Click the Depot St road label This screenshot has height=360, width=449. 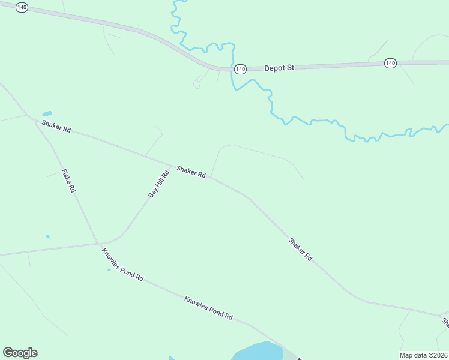click(279, 68)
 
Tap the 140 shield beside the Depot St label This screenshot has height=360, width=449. click(240, 69)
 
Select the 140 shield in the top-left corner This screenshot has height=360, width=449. click(22, 7)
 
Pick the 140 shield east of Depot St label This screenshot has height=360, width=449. click(391, 63)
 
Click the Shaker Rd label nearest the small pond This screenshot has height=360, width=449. click(56, 127)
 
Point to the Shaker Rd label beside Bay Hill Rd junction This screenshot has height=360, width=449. click(191, 172)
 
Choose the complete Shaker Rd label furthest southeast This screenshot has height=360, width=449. click(300, 249)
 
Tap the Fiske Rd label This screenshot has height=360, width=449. click(68, 181)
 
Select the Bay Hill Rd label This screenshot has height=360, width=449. click(159, 184)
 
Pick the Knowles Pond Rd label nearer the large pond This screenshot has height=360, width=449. click(208, 308)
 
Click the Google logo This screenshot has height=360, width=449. click(20, 353)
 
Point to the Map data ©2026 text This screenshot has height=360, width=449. click(424, 355)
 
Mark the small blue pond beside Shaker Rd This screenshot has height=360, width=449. click(47, 113)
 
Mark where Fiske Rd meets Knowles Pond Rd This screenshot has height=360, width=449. click(97, 243)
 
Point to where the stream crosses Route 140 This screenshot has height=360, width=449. click(232, 68)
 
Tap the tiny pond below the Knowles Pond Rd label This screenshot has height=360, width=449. click(109, 269)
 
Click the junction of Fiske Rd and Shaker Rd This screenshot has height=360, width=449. click(34, 120)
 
